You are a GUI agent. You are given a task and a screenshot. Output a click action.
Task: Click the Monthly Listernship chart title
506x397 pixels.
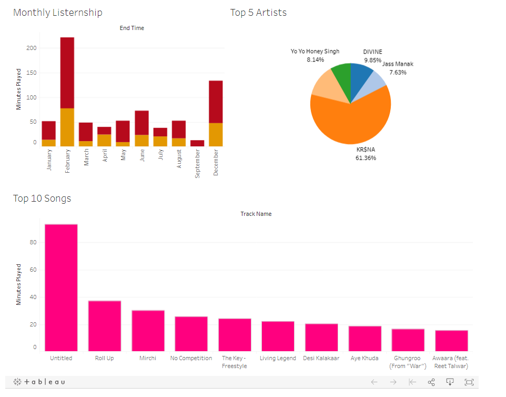[x=58, y=13]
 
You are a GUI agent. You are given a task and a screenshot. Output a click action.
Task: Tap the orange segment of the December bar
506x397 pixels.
[x=216, y=134]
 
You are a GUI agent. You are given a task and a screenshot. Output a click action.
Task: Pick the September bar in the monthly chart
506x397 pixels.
[x=197, y=143]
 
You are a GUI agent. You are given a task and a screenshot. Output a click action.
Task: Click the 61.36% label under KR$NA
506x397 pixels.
[x=366, y=158]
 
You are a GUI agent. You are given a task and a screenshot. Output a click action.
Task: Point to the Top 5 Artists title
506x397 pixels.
[x=258, y=13]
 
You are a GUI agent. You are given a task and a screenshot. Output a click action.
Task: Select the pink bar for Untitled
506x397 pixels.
[x=61, y=287]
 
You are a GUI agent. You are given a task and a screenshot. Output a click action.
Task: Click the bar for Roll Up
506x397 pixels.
[x=104, y=326]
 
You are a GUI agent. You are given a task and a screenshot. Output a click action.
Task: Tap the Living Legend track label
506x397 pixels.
[x=277, y=358]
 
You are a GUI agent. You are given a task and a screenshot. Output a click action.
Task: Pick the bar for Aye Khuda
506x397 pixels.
[x=365, y=339]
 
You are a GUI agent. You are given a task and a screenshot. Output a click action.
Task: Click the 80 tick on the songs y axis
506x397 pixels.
[x=33, y=243]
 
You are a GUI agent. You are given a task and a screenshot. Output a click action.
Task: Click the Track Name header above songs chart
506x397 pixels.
[x=256, y=214]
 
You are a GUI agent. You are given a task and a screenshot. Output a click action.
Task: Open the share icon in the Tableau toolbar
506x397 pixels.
[x=431, y=382]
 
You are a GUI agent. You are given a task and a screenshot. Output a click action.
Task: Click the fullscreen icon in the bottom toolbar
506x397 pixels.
[x=469, y=382]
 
